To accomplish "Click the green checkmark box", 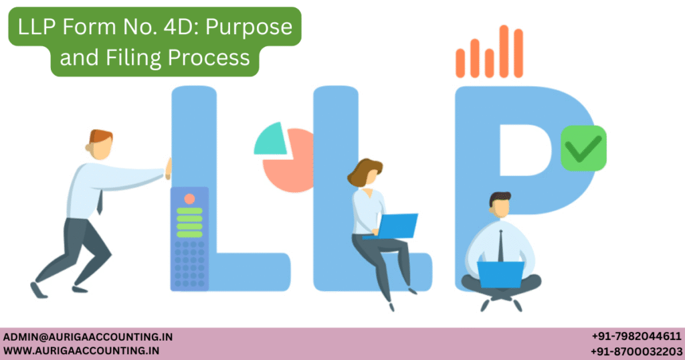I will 583,147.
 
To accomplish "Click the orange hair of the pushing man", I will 100,135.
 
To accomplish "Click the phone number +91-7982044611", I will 636,337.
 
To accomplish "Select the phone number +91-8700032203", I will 636,351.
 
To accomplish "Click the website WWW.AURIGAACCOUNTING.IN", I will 81,351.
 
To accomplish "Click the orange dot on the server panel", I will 189,199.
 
